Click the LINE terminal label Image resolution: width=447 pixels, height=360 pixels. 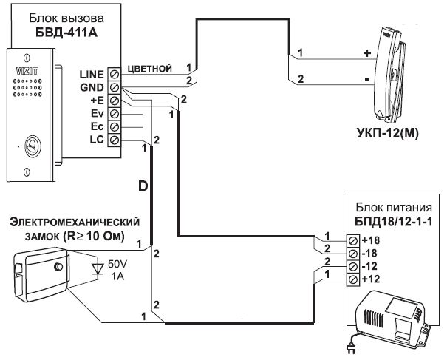coord(92,74)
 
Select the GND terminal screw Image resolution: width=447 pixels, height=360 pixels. coord(115,87)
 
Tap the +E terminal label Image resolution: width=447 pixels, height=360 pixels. coord(96,101)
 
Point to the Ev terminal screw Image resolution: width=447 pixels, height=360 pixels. coord(115,114)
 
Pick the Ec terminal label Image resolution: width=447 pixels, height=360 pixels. coord(96,127)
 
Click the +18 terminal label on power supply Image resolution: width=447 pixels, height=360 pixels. coord(371,241)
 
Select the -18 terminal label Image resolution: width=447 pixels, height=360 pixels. coord(370,254)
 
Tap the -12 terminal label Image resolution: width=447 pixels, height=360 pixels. coord(370,266)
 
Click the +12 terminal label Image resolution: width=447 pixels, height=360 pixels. coord(371,279)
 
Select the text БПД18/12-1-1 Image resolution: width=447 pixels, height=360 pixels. coord(389,222)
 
